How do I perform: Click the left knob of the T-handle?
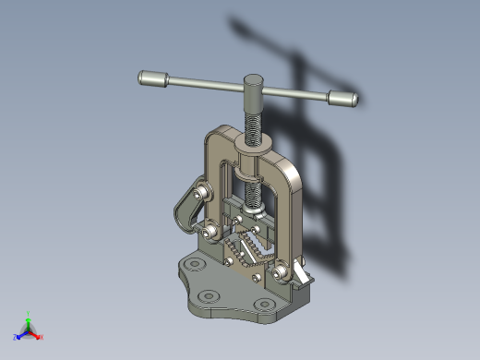[x=152, y=79]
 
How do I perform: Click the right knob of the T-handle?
[x=342, y=98]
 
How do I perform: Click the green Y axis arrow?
[x=29, y=316]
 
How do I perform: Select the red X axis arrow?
[x=39, y=336]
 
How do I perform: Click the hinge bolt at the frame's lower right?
[x=281, y=274]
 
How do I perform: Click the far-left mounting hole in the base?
[x=192, y=266]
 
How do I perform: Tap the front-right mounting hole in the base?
[x=268, y=306]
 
